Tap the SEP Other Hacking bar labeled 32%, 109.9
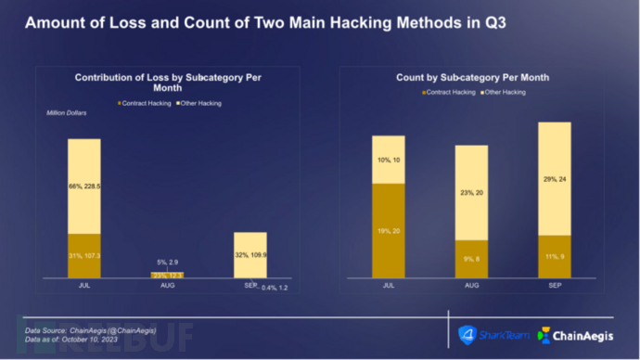point(250,255)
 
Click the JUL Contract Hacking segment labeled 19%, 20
point(388,230)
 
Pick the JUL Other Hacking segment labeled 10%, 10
point(388,160)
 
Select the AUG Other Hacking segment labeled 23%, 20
point(471,192)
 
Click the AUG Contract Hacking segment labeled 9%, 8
point(471,259)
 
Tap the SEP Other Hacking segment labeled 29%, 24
point(554,178)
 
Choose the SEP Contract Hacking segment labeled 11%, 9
point(554,256)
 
